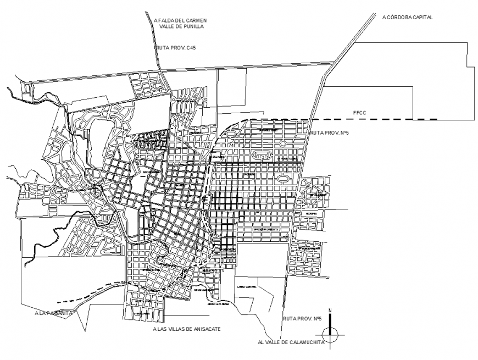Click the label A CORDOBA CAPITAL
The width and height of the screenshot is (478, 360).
408,18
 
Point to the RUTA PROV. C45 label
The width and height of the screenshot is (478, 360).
176,48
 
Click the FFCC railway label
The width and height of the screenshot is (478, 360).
360,114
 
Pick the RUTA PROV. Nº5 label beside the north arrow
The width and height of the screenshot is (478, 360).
302,319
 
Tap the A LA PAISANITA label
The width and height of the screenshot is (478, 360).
52,314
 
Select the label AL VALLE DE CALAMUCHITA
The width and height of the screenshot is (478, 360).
290,342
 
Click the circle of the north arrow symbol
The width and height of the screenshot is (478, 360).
330,331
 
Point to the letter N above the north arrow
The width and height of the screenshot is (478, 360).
330,311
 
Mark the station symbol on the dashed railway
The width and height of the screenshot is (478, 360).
205,198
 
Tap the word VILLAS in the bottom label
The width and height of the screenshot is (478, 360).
182,329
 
